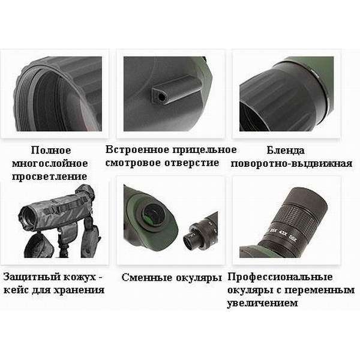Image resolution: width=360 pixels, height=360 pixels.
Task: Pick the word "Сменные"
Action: [145, 277]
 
